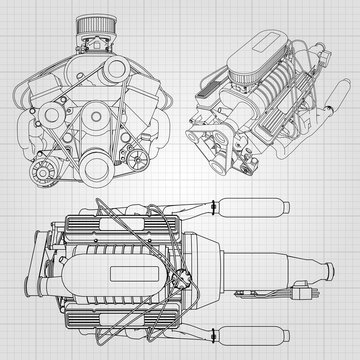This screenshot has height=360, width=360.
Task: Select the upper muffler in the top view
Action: [245, 211]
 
